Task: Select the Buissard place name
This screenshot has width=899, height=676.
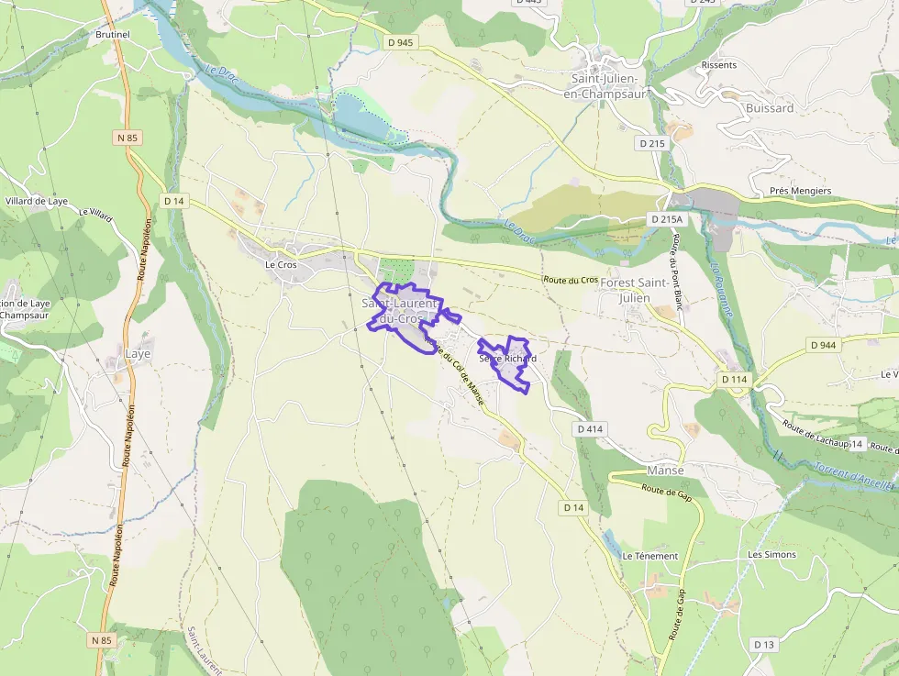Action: (x=770, y=108)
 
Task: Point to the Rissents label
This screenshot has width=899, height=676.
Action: (x=718, y=65)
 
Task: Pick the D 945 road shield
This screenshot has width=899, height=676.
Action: (x=401, y=42)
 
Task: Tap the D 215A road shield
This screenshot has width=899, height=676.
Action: (x=667, y=219)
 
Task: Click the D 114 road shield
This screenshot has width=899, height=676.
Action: (x=734, y=379)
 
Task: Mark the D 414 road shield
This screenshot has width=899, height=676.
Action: (x=591, y=428)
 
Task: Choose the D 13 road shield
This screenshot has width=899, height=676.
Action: (x=764, y=645)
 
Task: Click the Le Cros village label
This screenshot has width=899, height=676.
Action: (x=281, y=265)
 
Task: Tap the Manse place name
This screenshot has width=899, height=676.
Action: (x=665, y=471)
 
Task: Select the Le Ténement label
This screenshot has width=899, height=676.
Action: (x=649, y=556)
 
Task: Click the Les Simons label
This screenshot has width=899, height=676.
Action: (x=771, y=555)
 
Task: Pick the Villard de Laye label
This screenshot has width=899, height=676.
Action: (x=37, y=201)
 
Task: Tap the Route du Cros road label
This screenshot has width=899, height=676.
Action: (x=571, y=279)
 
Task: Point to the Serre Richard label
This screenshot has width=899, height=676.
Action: (x=507, y=359)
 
